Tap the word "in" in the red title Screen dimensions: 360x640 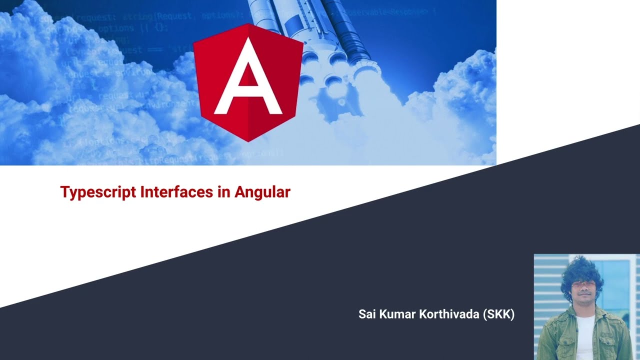[223, 192]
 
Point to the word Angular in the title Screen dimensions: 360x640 [262, 192]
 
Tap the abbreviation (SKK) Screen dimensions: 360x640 [499, 314]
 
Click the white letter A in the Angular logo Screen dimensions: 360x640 [248, 80]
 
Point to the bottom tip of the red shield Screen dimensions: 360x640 [248, 140]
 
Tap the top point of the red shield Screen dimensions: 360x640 [248, 24]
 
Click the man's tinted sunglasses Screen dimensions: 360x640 [581, 284]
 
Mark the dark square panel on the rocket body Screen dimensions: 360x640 [296, 22]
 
